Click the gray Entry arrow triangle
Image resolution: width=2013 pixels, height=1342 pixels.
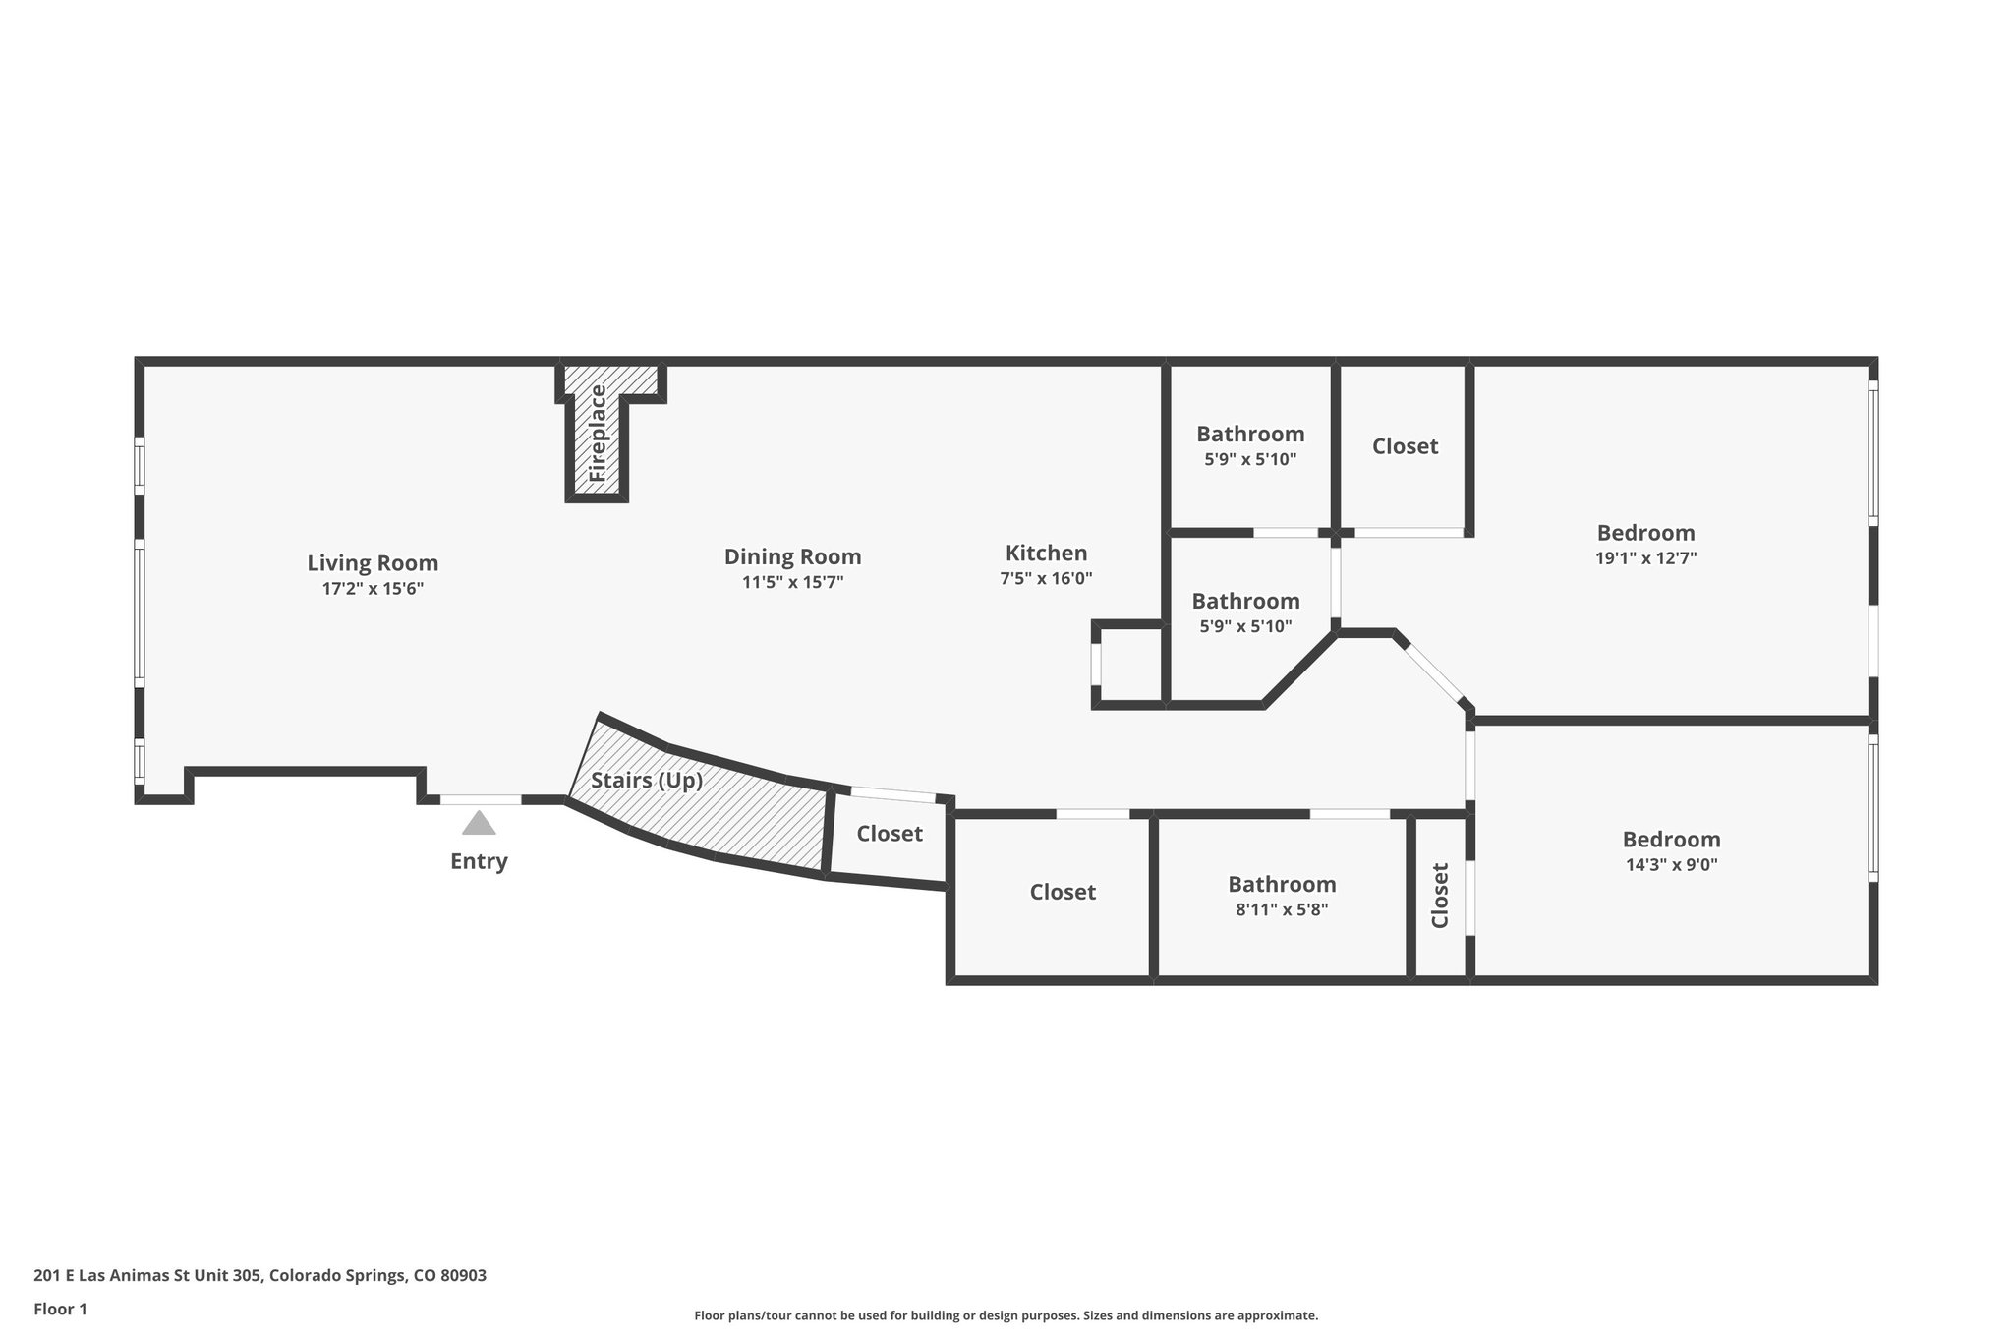(x=479, y=823)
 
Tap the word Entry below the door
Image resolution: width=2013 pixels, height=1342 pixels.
(x=479, y=861)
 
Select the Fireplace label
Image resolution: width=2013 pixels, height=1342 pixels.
(x=598, y=433)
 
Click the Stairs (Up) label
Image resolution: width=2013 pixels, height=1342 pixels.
(x=647, y=781)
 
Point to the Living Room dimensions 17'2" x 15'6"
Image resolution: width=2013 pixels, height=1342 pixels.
(x=373, y=589)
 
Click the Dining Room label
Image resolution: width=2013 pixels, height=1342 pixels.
(x=792, y=556)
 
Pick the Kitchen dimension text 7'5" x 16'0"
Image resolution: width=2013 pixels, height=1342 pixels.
(x=1046, y=579)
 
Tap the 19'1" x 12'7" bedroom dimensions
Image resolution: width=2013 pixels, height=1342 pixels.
(x=1645, y=558)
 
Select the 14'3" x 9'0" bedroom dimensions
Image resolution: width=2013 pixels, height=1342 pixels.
(x=1671, y=865)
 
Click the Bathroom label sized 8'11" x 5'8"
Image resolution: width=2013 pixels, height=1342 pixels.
(x=1282, y=884)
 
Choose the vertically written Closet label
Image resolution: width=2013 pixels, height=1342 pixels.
(x=1440, y=895)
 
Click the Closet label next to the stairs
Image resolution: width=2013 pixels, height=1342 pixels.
(x=890, y=834)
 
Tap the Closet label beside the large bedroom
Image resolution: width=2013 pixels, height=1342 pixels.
(x=1405, y=446)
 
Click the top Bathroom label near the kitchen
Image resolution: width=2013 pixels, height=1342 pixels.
(x=1250, y=434)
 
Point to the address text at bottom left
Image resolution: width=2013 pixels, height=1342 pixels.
(x=259, y=1276)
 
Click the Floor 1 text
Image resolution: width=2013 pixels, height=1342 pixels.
(x=60, y=1309)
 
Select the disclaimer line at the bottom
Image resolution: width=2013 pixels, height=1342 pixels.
(x=1006, y=1315)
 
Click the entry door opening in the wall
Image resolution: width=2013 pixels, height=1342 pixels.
(x=480, y=799)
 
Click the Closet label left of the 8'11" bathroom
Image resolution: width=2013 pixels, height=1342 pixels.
(x=1063, y=892)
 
